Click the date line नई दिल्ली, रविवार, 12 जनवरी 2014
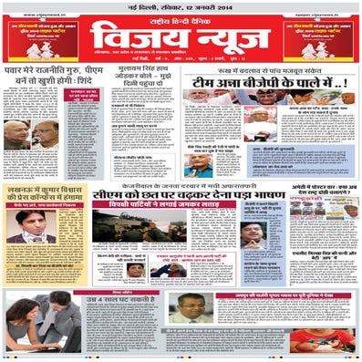181,7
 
